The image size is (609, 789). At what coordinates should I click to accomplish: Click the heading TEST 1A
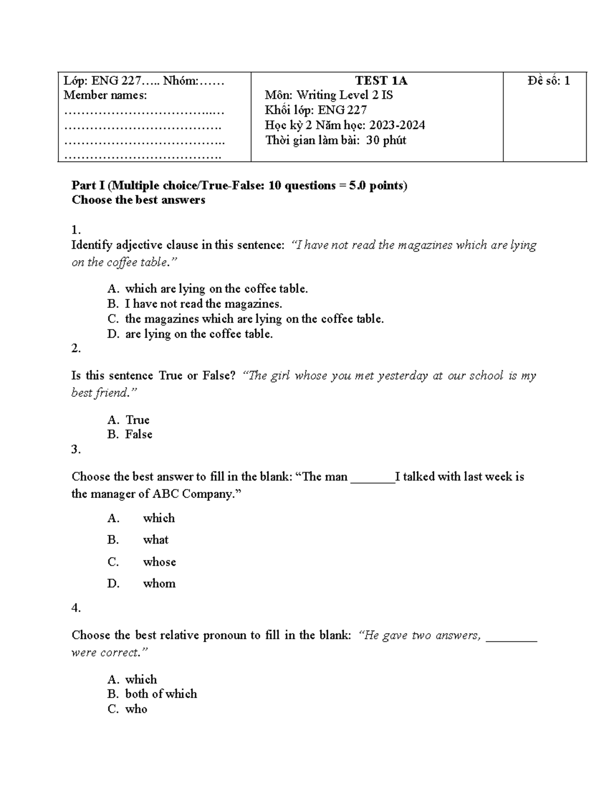[381, 81]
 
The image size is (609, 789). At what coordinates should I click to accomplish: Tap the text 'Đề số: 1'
[549, 81]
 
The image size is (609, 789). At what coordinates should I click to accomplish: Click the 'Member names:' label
[105, 95]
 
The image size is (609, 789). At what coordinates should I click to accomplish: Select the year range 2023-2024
[397, 125]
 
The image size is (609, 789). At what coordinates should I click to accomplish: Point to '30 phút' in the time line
[386, 140]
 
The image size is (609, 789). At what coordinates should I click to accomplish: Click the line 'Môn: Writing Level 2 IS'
[328, 95]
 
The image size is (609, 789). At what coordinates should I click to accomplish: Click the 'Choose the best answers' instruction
[138, 200]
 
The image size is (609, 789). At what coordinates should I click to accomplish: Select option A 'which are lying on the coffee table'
[216, 289]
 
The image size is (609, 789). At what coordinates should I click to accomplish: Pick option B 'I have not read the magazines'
[203, 304]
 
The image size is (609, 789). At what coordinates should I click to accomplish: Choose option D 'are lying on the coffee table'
[199, 334]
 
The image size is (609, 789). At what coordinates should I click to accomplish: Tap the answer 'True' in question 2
[138, 420]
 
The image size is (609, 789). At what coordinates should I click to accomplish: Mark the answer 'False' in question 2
[139, 434]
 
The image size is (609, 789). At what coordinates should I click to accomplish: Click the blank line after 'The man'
[373, 477]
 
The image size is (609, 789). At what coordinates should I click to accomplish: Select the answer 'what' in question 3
[155, 540]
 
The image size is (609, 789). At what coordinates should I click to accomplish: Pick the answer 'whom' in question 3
[159, 584]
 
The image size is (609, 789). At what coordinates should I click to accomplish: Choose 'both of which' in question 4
[161, 694]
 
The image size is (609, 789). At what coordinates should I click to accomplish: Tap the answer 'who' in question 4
[136, 709]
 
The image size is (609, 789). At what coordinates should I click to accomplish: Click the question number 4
[76, 608]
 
